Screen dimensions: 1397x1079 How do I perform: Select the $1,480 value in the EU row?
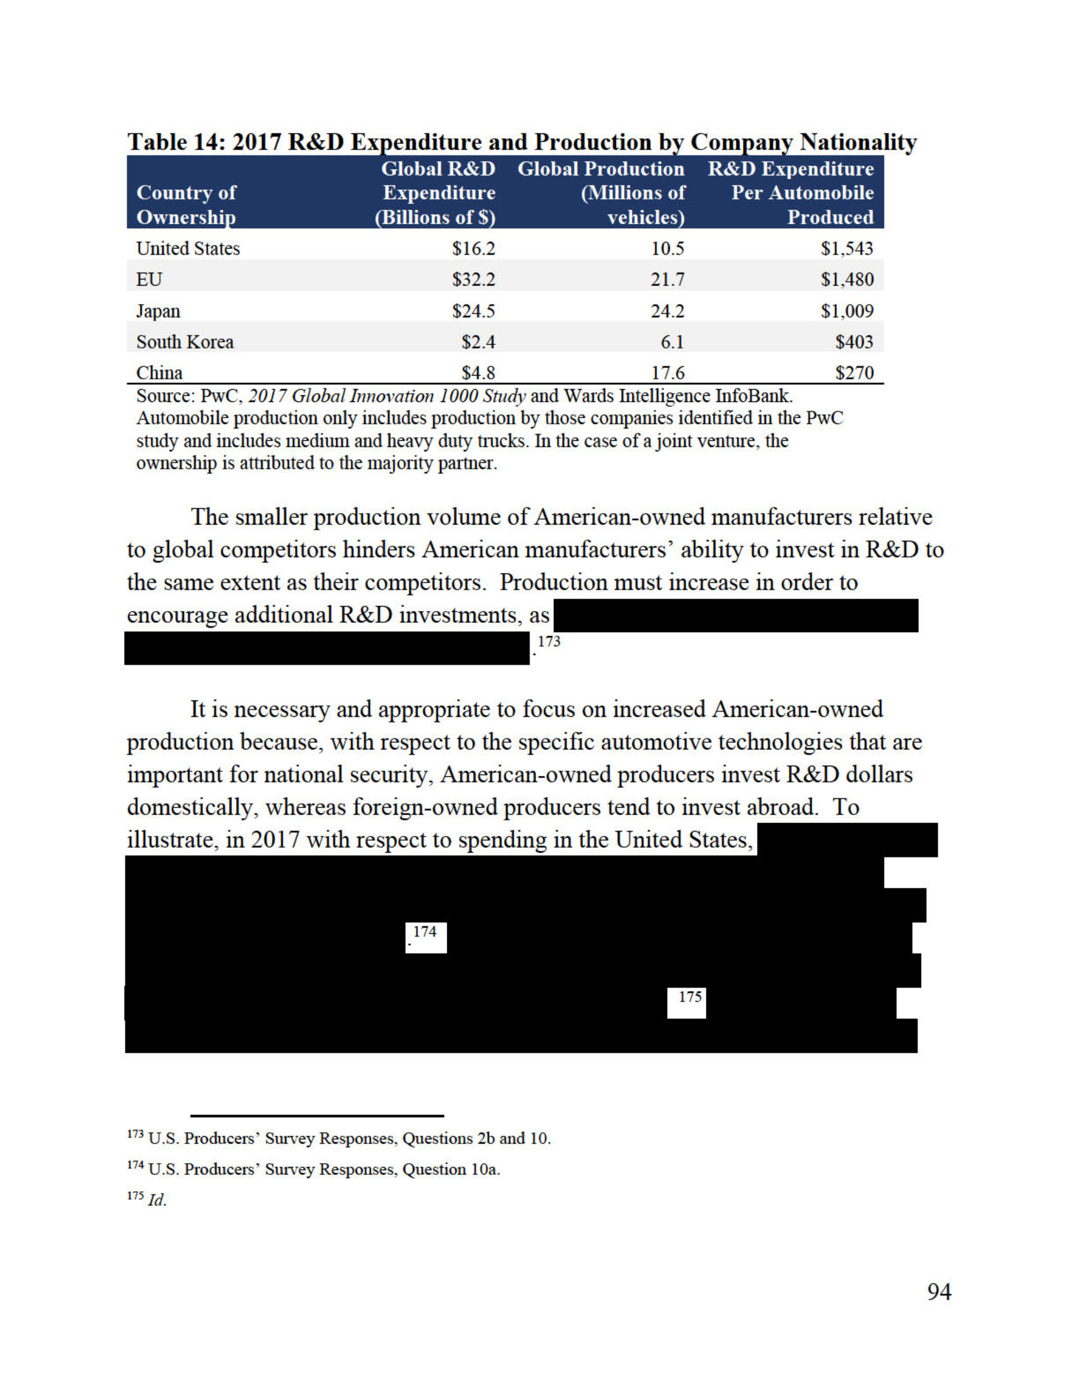coord(847,279)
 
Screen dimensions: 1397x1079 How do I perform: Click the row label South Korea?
coord(185,342)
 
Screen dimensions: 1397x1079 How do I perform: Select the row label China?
coord(159,372)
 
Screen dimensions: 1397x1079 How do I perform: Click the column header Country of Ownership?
coord(186,205)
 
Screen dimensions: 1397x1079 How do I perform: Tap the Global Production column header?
coord(601,192)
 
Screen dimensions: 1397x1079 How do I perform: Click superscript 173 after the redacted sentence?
coord(549,641)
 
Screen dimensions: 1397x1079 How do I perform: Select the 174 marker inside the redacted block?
coord(425,932)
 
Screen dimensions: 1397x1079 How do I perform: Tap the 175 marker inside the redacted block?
coord(690,997)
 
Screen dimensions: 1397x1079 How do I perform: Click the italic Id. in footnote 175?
coord(157,1201)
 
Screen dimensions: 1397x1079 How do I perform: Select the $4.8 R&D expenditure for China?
coord(478,372)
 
